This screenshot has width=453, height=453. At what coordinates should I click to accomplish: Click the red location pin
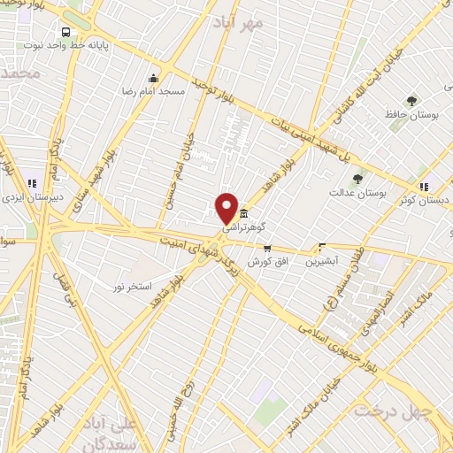tap(226, 207)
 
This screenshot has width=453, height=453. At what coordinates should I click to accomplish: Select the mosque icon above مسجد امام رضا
tap(154, 78)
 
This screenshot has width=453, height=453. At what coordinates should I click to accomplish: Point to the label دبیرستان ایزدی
tap(27, 198)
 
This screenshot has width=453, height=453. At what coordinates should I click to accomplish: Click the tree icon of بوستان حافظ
tap(411, 102)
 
